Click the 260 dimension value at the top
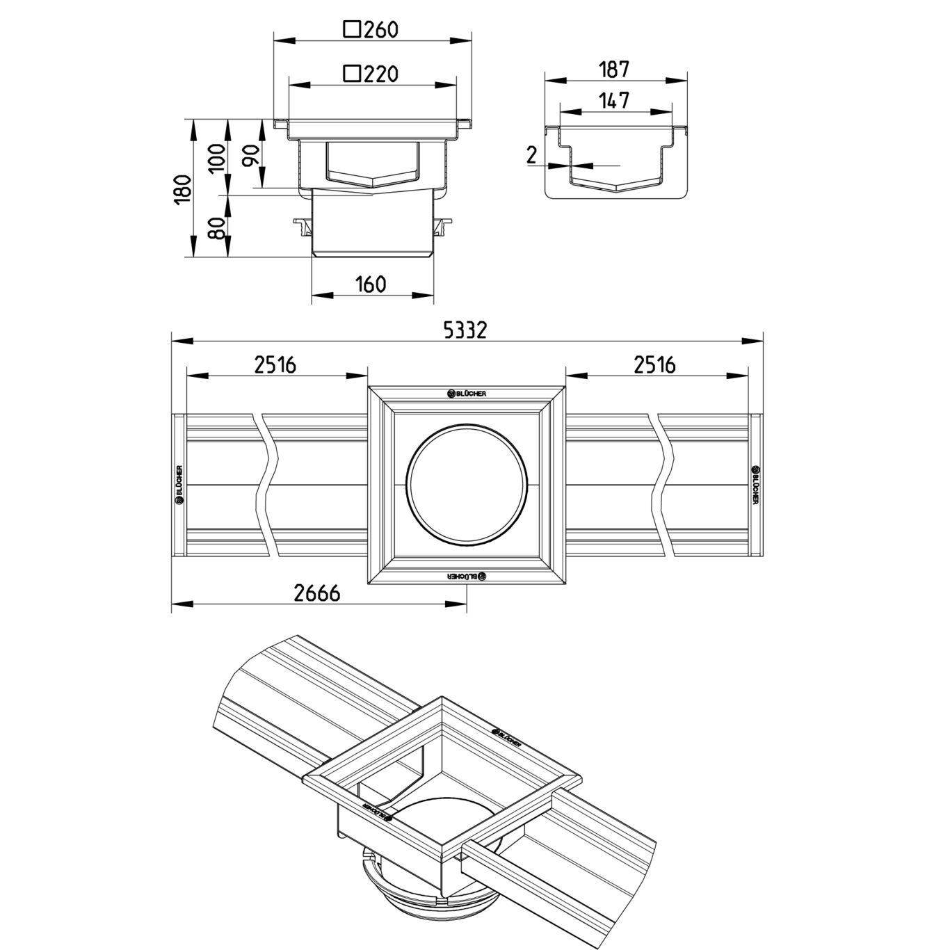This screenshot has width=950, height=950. pyautogui.click(x=381, y=30)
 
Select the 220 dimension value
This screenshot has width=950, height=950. pyautogui.click(x=381, y=74)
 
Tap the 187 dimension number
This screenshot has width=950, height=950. pyautogui.click(x=615, y=70)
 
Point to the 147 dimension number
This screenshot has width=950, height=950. pyautogui.click(x=615, y=100)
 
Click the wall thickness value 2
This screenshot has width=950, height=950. pyautogui.click(x=531, y=155)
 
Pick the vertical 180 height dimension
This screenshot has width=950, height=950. pyautogui.click(x=183, y=189)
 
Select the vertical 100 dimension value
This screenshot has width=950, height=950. pyautogui.click(x=216, y=158)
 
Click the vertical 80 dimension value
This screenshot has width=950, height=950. pyautogui.click(x=216, y=227)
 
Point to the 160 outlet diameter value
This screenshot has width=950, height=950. pyautogui.click(x=371, y=284)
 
